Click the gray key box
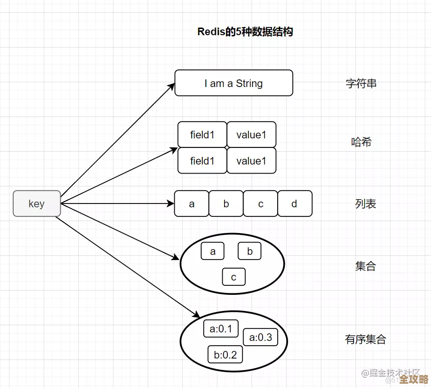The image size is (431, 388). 37,204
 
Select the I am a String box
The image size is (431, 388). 234,83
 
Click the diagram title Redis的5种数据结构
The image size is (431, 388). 245,32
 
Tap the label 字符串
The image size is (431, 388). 361,84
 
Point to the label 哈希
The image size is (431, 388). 361,142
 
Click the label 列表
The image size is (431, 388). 365,204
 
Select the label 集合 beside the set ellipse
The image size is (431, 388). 365,266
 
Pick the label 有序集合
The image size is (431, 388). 365,339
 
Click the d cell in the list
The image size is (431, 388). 295,204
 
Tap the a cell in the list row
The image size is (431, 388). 192,204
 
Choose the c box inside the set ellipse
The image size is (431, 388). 234,277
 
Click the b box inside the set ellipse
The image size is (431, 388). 250,251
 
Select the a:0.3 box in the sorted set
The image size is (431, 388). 261,337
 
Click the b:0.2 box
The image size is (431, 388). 225,354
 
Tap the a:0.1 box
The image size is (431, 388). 221,329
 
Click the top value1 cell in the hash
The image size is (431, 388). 251,135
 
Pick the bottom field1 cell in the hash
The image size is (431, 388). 202,161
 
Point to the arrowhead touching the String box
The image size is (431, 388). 172,86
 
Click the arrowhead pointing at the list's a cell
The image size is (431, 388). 171,204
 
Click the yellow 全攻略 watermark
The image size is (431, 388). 412,379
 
